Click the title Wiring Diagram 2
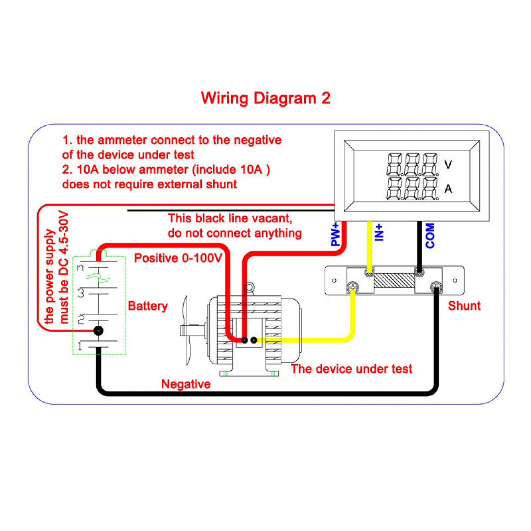pyautogui.click(x=265, y=98)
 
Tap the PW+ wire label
pyautogui.click(x=335, y=234)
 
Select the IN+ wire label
pyautogui.click(x=379, y=232)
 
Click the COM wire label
pyautogui.click(x=430, y=235)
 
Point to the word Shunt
pyautogui.click(x=464, y=306)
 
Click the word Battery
pyautogui.click(x=148, y=306)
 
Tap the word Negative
pyautogui.click(x=186, y=384)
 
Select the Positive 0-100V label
pyautogui.click(x=178, y=258)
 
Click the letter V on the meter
pyautogui.click(x=448, y=165)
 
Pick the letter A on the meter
pyautogui.click(x=448, y=189)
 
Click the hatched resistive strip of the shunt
pyautogui.click(x=394, y=280)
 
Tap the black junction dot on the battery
pyautogui.click(x=98, y=331)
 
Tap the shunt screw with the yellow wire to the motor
pyautogui.click(x=353, y=287)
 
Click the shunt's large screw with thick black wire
pyautogui.click(x=436, y=287)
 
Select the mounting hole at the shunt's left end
pyautogui.click(x=334, y=281)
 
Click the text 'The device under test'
pyautogui.click(x=352, y=369)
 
